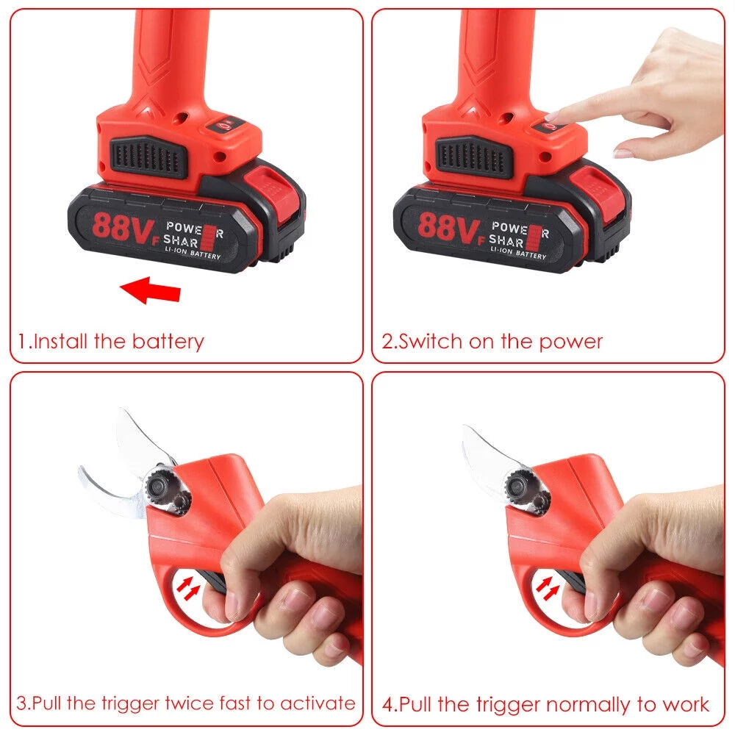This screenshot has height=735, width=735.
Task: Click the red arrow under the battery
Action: (x=151, y=290)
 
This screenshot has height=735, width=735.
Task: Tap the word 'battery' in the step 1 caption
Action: (x=168, y=342)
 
